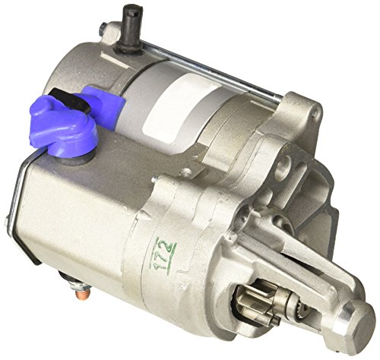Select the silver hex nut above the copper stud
coord(81,286)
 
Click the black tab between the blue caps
coord(70,100)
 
